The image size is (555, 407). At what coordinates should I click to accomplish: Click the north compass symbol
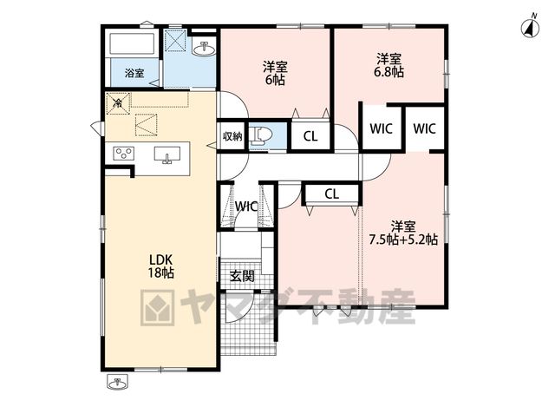530,27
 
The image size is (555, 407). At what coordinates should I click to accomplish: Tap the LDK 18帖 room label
161,266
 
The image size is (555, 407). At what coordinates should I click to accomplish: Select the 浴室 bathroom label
134,73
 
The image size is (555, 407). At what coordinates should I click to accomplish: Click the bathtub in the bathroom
132,43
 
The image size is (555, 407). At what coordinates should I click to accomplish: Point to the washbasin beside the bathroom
204,49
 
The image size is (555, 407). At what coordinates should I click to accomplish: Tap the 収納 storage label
232,136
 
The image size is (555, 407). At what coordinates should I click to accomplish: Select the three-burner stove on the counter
123,154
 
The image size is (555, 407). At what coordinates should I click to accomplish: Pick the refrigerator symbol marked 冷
119,103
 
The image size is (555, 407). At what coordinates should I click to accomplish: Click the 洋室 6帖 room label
275,73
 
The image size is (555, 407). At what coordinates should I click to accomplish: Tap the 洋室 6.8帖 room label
388,65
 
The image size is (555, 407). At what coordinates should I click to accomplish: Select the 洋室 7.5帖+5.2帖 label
403,233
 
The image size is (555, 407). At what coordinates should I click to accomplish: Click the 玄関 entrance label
242,276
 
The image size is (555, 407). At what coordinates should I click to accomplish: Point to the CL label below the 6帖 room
310,136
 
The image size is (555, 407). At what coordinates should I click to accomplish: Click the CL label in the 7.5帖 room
331,194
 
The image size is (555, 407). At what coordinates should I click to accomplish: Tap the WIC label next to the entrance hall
246,207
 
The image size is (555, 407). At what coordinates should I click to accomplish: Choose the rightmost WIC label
424,128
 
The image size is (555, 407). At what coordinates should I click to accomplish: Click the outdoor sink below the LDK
117,383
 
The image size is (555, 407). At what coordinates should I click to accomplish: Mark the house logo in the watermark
158,307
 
